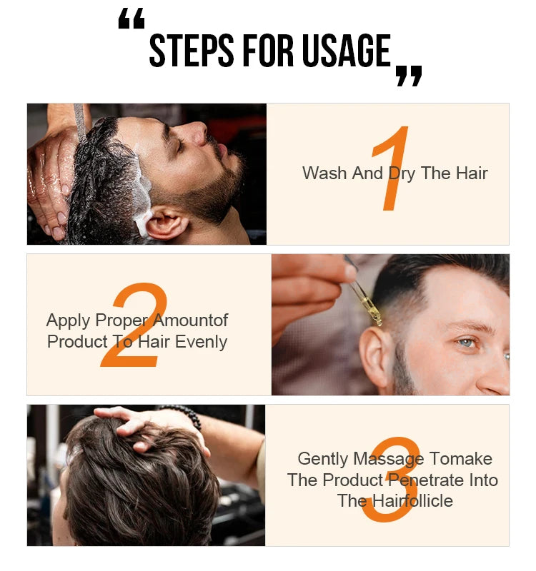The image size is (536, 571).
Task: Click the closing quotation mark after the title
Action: [x=409, y=76]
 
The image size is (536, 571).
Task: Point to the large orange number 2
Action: [x=136, y=326]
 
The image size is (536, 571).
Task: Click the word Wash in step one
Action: [x=324, y=173]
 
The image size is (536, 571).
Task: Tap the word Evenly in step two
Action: [x=201, y=342]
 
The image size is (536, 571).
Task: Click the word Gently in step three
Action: [x=324, y=459]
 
